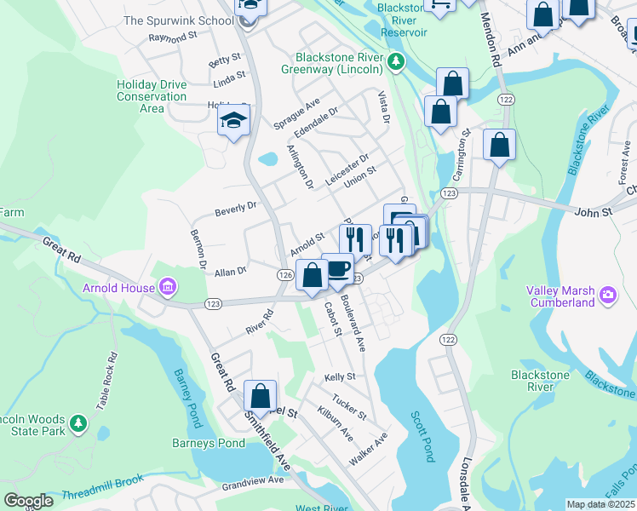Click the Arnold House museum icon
167,288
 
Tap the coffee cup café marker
337,268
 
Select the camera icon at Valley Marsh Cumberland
607,296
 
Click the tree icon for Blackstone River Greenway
395,62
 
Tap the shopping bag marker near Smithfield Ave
260,396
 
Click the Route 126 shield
285,275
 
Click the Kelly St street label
339,376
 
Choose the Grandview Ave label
252,480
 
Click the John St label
594,211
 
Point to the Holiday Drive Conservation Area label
152,96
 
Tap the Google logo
28,501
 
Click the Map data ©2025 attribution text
601,504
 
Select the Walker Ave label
368,449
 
